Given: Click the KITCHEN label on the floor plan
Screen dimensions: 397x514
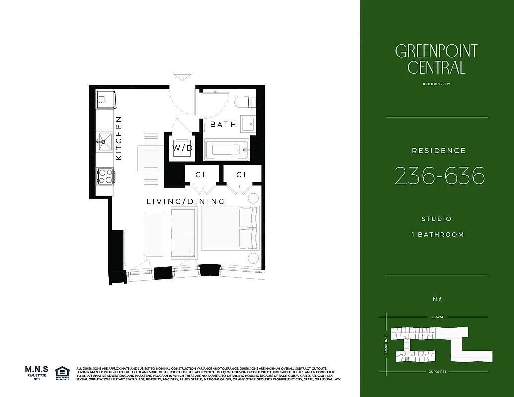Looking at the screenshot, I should [x=119, y=138].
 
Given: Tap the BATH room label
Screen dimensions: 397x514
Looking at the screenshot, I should [x=223, y=124].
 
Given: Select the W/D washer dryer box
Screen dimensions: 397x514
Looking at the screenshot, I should [x=182, y=148].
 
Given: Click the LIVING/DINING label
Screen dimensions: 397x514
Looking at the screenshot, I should [x=186, y=201].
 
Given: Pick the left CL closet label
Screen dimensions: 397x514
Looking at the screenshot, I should [x=201, y=175].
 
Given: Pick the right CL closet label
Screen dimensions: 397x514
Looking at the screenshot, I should [x=242, y=175].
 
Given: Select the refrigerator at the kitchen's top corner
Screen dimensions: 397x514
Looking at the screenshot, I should [x=106, y=99].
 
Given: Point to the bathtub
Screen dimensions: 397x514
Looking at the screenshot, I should [x=225, y=148].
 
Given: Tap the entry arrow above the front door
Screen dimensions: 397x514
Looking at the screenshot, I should [x=182, y=77].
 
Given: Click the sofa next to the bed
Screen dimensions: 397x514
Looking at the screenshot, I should [x=183, y=233].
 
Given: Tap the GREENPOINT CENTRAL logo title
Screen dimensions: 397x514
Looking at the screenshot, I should [x=437, y=59].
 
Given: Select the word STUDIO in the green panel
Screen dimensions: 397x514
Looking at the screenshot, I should [x=437, y=219].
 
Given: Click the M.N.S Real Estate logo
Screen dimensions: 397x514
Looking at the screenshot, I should [x=36, y=372].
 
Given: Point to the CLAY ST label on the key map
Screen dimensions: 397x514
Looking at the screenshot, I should [x=437, y=316].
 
